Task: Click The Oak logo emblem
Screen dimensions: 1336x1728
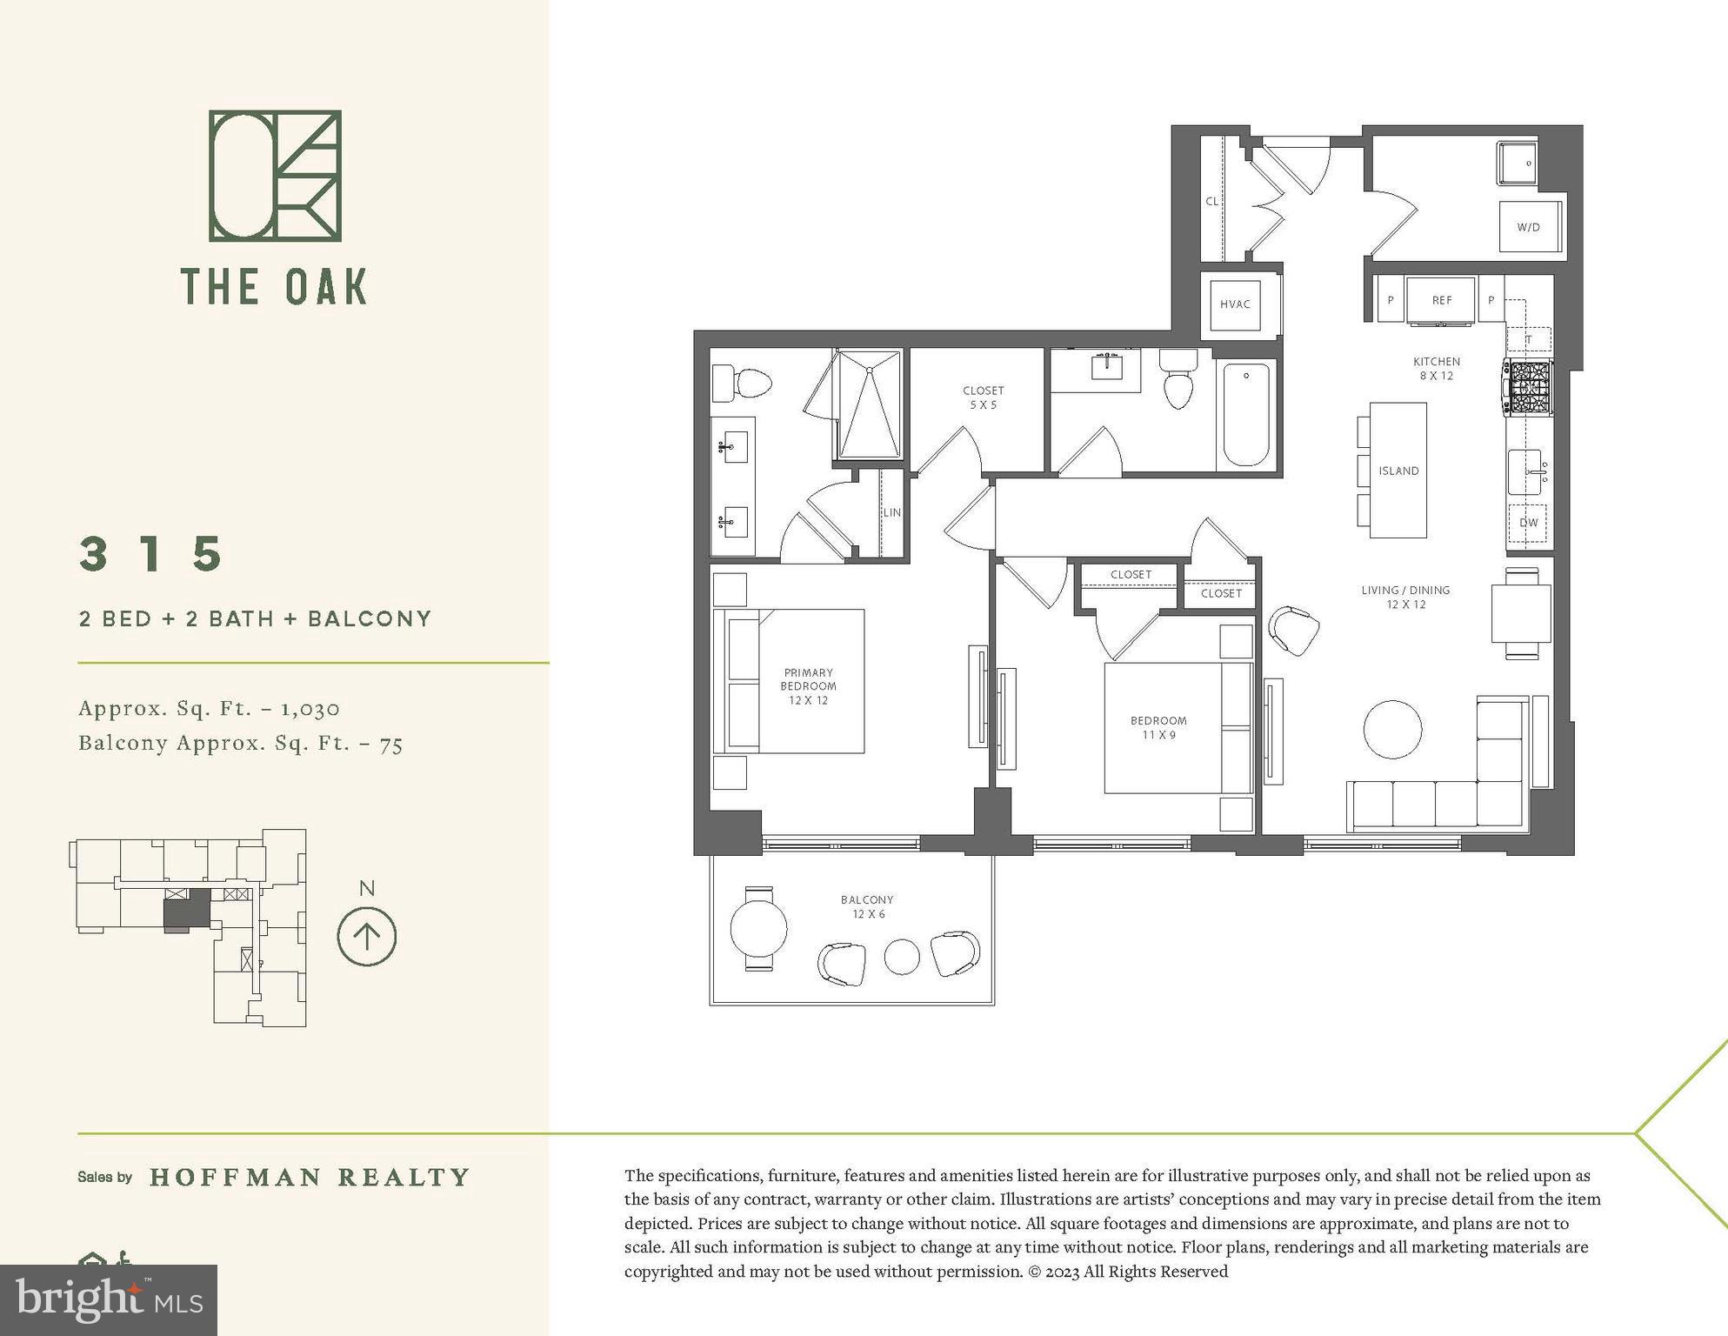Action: [275, 176]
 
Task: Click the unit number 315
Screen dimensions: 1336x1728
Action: [152, 554]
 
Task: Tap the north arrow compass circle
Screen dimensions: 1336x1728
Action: [367, 937]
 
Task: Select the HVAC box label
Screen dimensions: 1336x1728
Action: [1235, 304]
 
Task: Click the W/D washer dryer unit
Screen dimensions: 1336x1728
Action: [1530, 227]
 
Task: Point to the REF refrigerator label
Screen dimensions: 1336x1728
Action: [1442, 300]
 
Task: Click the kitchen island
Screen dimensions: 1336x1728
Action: [1398, 471]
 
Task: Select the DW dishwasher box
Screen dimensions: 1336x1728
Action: [1529, 523]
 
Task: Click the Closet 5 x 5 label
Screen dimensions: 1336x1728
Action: [984, 397]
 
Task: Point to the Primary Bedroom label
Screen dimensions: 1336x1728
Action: [808, 685]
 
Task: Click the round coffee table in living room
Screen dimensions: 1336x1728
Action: [1392, 730]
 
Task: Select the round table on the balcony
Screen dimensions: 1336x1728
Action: [758, 928]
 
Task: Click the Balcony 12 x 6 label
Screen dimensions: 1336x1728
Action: [867, 906]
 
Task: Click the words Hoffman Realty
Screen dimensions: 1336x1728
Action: [310, 1177]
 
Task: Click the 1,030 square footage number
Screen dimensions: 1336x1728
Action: [310, 709]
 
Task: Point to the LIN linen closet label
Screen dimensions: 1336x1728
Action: [892, 512]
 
